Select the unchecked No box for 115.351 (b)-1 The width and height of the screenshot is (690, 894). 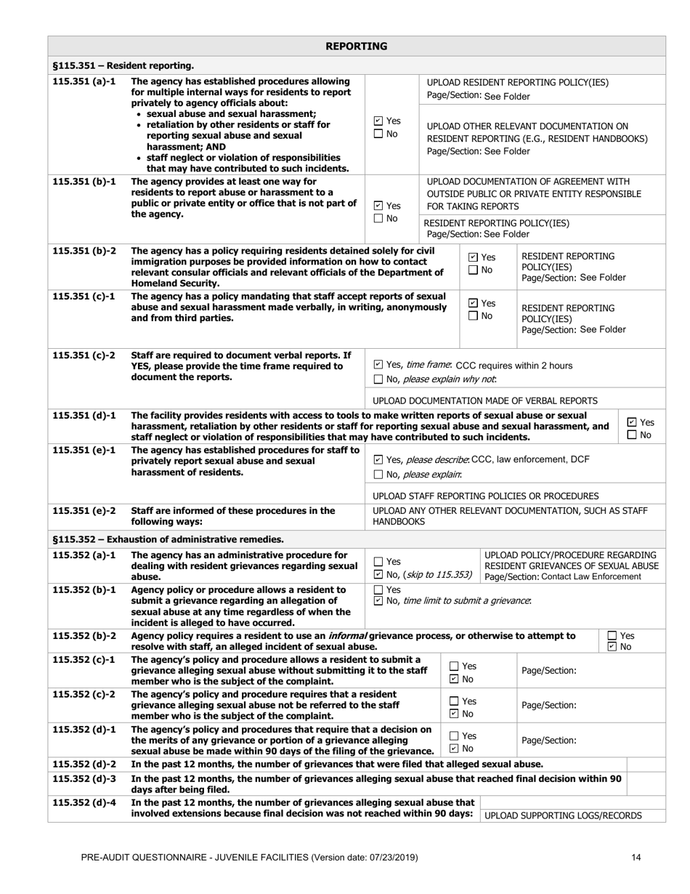pyautogui.click(x=378, y=219)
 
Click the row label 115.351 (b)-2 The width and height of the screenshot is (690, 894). pyautogui.click(x=84, y=251)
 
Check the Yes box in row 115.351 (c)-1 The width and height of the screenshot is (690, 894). pyautogui.click(x=474, y=303)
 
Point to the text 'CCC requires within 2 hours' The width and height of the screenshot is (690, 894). pyautogui.click(x=513, y=365)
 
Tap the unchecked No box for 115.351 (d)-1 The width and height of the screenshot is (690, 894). pyautogui.click(x=632, y=435)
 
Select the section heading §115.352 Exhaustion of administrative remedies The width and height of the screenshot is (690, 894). pyautogui.click(x=168, y=539)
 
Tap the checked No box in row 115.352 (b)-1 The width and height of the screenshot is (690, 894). pyautogui.click(x=378, y=600)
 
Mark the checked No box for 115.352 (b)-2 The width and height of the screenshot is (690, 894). pyautogui.click(x=612, y=647)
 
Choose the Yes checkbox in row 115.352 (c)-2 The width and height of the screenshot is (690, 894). pyautogui.click(x=454, y=701)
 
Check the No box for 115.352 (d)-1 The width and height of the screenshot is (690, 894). pyautogui.click(x=454, y=748)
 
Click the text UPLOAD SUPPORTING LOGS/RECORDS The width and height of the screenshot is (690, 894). pyautogui.click(x=563, y=816)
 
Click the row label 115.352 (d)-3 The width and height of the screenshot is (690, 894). pyautogui.click(x=84, y=778)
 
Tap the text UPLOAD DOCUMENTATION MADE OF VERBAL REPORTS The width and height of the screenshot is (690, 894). pyautogui.click(x=485, y=400)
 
